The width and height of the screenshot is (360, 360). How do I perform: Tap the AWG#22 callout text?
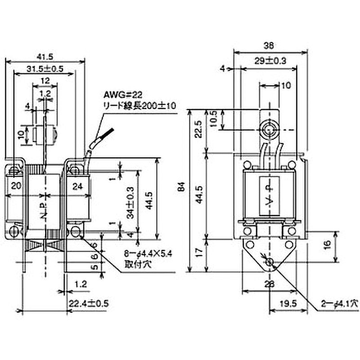118,95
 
